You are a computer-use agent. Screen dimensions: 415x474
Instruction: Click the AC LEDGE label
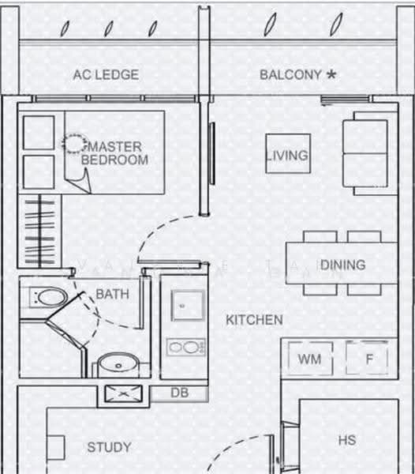tap(106, 75)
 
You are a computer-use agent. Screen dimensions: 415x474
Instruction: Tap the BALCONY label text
tap(290, 75)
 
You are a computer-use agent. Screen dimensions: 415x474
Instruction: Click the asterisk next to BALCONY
tap(331, 74)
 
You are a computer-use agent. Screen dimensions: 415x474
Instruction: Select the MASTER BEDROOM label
tap(115, 153)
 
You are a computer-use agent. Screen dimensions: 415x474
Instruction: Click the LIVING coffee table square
tap(288, 153)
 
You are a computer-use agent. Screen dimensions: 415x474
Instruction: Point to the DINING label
tap(343, 265)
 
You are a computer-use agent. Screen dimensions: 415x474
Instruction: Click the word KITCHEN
tap(254, 320)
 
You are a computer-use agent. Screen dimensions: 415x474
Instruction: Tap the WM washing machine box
tap(310, 359)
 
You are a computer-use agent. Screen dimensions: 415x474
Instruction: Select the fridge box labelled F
tap(367, 358)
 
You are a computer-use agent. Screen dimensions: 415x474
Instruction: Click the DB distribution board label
tap(180, 393)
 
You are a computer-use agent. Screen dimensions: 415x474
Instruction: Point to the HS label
tap(347, 440)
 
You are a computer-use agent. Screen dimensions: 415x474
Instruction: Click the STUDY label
tap(109, 447)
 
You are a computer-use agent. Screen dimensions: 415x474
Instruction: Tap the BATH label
tap(112, 294)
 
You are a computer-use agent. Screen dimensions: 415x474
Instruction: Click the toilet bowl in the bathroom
tap(49, 298)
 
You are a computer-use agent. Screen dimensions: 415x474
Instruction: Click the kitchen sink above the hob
tap(188, 306)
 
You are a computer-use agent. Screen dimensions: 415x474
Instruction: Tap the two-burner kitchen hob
tap(186, 347)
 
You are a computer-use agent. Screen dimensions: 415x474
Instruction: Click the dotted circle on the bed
tap(74, 143)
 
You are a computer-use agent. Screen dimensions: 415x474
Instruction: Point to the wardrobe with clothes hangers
tap(39, 231)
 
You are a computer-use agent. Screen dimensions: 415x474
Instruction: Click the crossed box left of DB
tap(123, 393)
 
